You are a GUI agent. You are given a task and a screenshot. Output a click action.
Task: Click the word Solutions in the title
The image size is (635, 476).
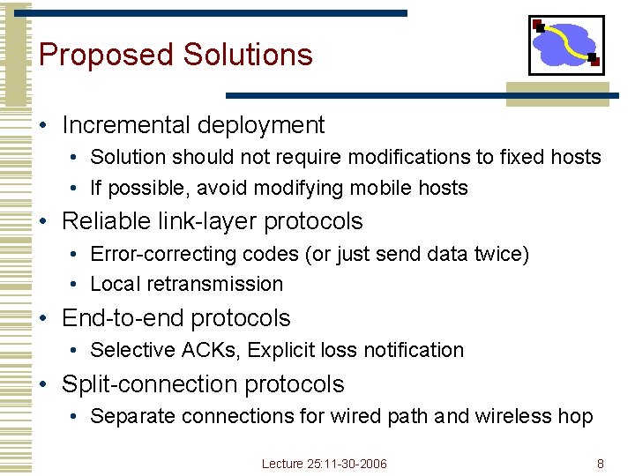click(x=248, y=55)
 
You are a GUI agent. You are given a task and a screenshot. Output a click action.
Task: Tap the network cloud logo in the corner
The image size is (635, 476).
click(x=566, y=45)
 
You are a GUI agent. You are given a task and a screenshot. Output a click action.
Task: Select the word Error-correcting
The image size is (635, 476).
click(x=150, y=254)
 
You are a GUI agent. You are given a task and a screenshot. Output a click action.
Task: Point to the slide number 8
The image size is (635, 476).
click(x=601, y=464)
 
